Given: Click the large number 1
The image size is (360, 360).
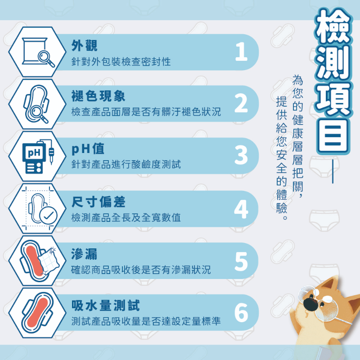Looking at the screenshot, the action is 242,52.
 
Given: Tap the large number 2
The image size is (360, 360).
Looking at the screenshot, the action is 241,103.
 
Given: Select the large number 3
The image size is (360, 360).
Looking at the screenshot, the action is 241,155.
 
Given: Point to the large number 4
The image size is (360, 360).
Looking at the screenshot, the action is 241,209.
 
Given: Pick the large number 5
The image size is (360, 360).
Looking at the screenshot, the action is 241,261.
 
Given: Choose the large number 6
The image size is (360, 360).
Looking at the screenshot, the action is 241,313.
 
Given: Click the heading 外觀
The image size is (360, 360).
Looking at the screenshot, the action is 84,45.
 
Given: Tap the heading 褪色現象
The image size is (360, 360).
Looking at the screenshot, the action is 98,96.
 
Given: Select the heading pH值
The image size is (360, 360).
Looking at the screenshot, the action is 88,149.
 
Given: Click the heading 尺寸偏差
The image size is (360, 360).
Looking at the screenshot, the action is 98,202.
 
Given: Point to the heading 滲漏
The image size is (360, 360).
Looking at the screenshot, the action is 84,254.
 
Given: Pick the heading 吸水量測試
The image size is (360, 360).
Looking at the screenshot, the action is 106,306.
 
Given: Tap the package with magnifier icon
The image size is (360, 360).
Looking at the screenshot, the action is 38,52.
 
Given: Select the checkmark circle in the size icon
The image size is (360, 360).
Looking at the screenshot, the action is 48,215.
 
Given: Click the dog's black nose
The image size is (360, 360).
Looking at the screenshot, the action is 311,303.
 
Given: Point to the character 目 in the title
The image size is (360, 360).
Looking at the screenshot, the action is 333,136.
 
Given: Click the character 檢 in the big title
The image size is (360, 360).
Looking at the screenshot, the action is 333,27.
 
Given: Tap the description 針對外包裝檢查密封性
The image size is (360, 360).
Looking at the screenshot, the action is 121,62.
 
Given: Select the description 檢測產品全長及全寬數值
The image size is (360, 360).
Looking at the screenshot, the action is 126,218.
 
